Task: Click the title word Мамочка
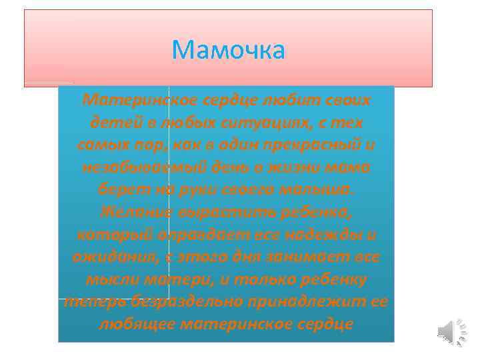point(228,50)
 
